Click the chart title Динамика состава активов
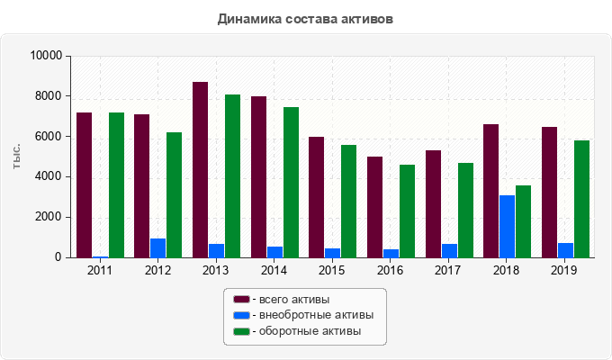305,18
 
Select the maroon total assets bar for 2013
200,169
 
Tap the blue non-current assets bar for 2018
508,226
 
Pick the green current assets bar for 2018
523,221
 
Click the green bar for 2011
116,184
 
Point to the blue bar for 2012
157,247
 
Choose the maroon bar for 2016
374,207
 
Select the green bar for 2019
581,199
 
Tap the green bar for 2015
348,201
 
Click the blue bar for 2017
449,250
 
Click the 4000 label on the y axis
49,176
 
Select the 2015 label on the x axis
331,270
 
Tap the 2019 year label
563,270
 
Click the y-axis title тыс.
17,156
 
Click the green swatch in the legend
241,331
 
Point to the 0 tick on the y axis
58,257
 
